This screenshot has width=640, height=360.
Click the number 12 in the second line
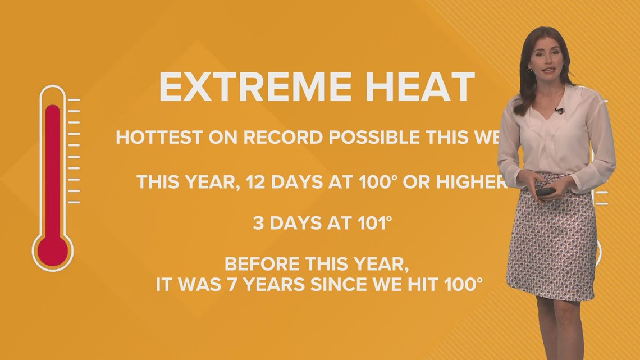pos(248,182)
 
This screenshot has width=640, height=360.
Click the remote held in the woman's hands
pos(545,192)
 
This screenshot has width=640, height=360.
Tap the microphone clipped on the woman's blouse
pos(559,111)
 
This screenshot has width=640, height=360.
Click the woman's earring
pos(529,71)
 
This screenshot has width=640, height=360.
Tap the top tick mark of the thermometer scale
pos(74,100)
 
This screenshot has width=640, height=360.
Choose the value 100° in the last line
pos(456,284)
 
